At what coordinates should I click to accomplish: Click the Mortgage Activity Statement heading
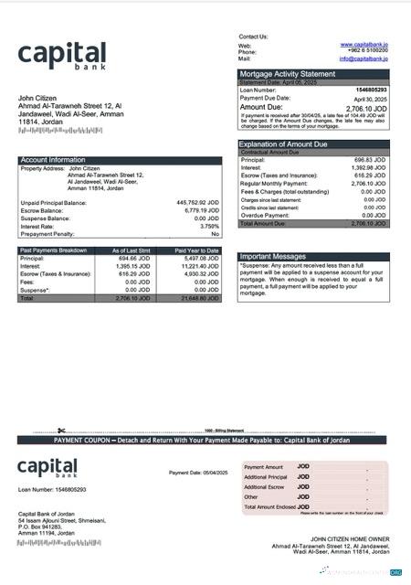(x=287, y=74)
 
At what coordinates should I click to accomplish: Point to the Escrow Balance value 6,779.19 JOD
(x=201, y=210)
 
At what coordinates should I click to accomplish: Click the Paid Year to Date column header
(x=196, y=250)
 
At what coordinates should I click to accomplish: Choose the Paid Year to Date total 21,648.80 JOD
(x=200, y=298)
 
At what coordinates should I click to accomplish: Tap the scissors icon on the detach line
(x=61, y=431)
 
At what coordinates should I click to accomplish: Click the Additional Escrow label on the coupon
(x=266, y=487)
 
